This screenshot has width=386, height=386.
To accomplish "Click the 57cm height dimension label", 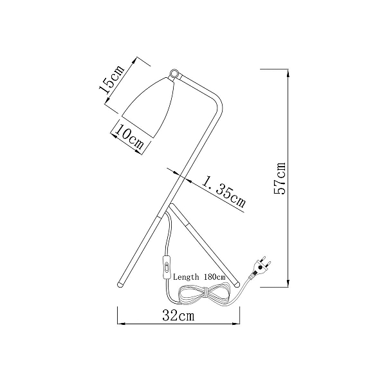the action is coord(280,178).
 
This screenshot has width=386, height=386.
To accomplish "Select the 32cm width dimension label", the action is coord(178,315).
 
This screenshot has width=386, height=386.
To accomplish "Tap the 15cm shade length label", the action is coord(111,80).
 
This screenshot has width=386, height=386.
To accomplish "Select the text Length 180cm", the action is coord(199,277).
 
